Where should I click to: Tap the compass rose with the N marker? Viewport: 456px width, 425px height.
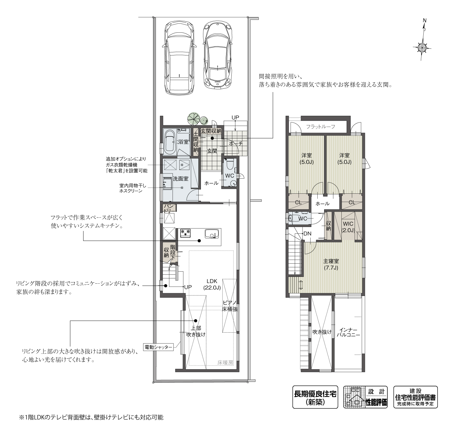click(422, 47)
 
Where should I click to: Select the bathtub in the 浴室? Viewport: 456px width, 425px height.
click(169, 142)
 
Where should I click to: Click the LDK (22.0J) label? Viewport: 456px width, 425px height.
click(212, 284)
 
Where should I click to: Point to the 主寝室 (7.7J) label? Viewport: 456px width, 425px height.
click(331, 264)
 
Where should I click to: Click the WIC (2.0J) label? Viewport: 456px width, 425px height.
click(348, 227)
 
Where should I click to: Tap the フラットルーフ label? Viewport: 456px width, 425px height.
click(320, 127)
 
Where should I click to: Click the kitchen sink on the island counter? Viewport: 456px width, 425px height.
click(211, 234)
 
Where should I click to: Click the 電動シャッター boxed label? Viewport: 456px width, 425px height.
click(158, 347)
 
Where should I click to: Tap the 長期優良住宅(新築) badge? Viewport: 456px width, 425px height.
click(315, 397)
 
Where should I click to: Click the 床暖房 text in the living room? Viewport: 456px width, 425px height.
click(225, 363)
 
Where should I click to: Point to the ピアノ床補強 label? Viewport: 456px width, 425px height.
click(230, 306)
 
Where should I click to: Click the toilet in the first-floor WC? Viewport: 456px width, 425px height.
click(230, 164)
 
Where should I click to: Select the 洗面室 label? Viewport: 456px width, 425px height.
click(181, 178)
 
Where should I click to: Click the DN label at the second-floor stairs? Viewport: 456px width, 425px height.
click(307, 234)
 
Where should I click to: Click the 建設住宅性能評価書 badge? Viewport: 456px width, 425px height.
click(415, 397)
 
